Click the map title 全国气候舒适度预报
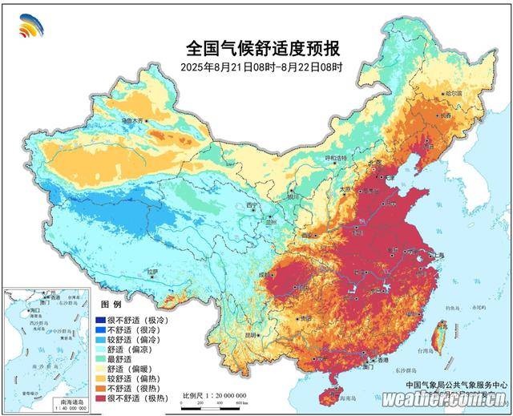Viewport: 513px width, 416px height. pos(256,46)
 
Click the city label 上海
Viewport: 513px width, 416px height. pos(438,255)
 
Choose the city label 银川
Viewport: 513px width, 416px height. pos(293,196)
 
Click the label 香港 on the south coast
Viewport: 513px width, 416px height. pos(371,361)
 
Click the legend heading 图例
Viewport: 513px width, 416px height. pos(111,307)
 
